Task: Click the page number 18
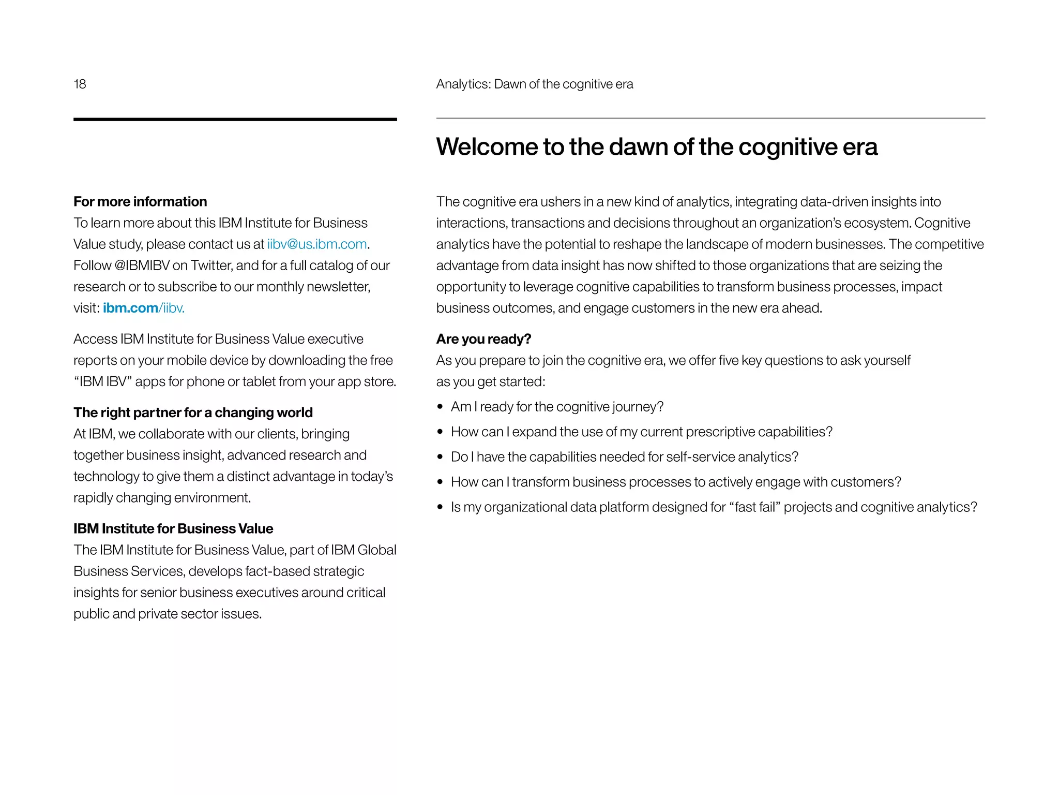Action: (80, 84)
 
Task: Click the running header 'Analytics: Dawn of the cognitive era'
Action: (534, 84)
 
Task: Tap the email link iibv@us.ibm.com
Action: (317, 244)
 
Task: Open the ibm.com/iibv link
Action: (143, 308)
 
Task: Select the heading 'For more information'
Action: (140, 201)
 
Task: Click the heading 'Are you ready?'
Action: (483, 339)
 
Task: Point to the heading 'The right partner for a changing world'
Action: (193, 413)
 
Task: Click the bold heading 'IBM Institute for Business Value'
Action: (173, 528)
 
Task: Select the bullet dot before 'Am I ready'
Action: (440, 407)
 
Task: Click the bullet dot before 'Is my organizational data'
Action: (440, 507)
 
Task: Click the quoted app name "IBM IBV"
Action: (103, 381)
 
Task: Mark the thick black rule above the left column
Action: (235, 120)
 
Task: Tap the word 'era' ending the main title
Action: (860, 146)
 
